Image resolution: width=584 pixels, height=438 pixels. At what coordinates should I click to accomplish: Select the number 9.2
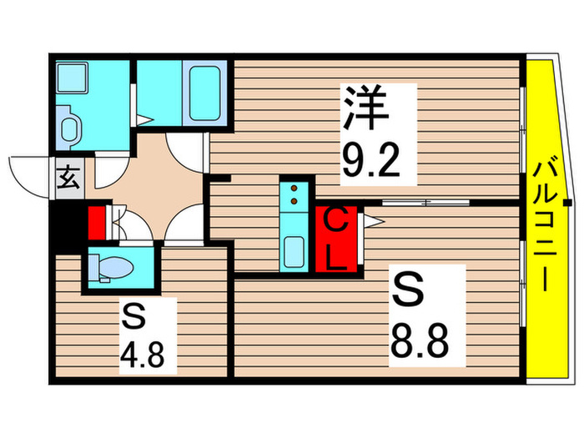[x=378, y=163]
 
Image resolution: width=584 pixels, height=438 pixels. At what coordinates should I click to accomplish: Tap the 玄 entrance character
[x=68, y=178]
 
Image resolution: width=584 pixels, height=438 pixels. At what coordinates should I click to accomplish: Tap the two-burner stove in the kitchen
[x=295, y=195]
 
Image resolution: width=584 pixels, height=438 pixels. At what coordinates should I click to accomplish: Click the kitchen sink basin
[x=294, y=249]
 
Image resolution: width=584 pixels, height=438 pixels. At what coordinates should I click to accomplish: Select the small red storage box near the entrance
[x=97, y=223]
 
